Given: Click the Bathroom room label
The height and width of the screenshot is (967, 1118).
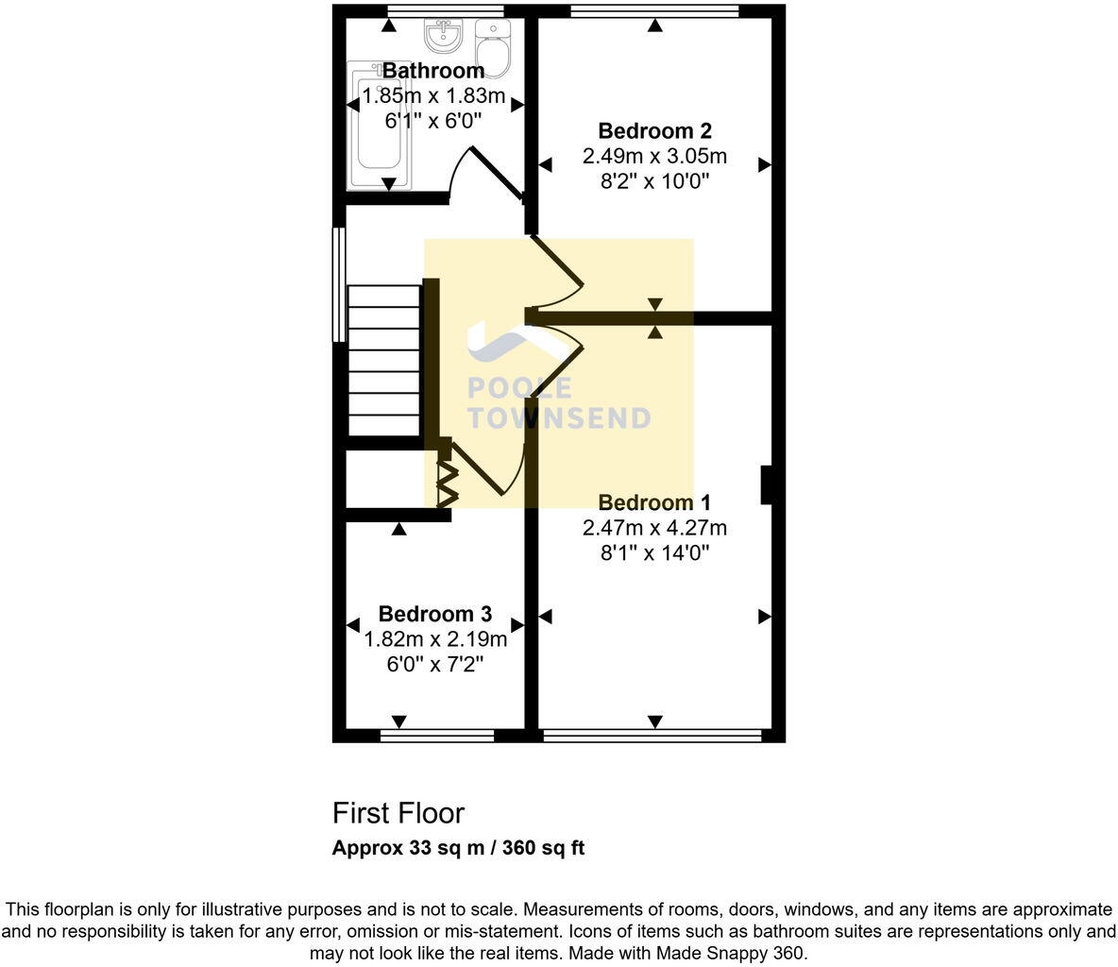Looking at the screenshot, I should [433, 71].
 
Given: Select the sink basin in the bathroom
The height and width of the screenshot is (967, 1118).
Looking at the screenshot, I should [442, 37].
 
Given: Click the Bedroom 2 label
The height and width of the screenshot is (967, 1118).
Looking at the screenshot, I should [654, 131].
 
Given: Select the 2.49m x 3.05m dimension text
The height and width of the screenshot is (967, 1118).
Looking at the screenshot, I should [654, 157].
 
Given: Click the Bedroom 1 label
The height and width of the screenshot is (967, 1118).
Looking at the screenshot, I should [654, 502].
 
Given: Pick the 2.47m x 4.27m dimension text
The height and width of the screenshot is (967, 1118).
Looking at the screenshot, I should [654, 528].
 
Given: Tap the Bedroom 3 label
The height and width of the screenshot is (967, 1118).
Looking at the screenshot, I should [434, 615].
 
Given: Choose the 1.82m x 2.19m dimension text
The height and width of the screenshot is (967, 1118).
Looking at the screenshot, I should [435, 639].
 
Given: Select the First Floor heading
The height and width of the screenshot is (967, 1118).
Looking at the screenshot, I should [398, 813].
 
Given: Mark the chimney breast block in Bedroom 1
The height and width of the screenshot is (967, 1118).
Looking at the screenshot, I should [768, 484].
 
